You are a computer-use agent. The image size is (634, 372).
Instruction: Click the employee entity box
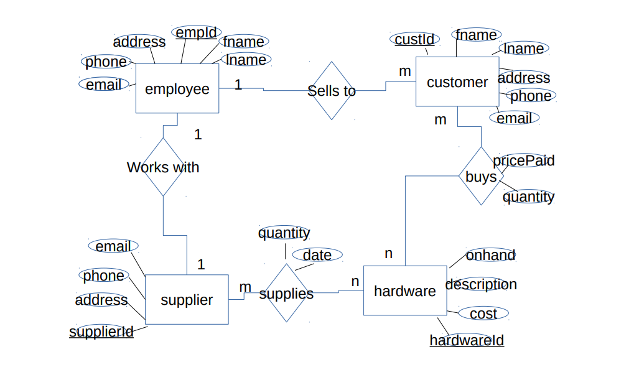coord(177,88)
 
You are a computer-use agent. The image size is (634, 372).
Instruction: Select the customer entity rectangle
coord(457,81)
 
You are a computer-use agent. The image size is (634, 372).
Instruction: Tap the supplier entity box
coord(187,299)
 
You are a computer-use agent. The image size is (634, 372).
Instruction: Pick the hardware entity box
coord(404,291)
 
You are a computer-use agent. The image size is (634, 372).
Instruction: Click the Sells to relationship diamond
coord(332,91)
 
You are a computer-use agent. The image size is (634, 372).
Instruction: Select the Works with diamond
coord(163,167)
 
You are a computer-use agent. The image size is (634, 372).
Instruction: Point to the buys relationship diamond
coord(481,176)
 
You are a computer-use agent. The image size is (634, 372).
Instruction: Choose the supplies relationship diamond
coord(286,293)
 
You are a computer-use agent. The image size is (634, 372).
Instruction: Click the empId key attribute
coord(196,32)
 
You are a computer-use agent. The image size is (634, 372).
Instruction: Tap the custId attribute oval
coord(415,39)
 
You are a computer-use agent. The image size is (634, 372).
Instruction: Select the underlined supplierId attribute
coord(101,332)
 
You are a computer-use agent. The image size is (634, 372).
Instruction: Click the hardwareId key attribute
coord(467,340)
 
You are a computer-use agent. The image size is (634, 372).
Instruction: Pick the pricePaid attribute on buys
coord(523,160)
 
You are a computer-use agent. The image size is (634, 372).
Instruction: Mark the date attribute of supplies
coord(317,254)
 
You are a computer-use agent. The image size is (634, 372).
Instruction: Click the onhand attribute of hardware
coord(490,255)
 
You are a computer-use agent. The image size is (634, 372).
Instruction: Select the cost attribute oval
coord(483,314)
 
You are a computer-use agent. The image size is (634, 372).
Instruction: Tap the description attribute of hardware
coord(481,284)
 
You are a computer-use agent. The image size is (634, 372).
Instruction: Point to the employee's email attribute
coord(104,84)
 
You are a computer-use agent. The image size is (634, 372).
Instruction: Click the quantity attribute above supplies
coord(284,233)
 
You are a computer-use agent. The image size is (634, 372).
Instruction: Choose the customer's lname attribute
coord(524,49)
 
